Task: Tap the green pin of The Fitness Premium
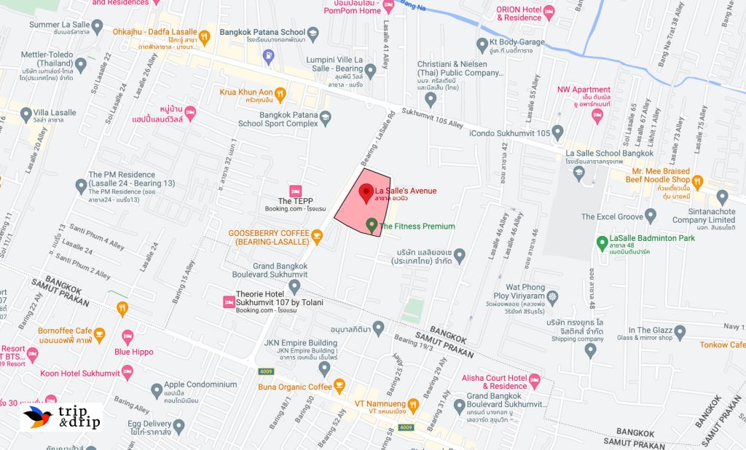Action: pos(372,225)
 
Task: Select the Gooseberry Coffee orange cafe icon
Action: pos(316,237)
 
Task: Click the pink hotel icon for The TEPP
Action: pos(295,190)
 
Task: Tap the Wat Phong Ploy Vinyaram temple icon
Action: pos(553,296)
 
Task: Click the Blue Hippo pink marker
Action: pos(128,336)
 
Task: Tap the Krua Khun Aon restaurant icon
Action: pos(280,92)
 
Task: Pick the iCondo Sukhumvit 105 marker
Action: pos(558,133)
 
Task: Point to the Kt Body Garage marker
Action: pos(482,43)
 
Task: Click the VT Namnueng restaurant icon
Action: pos(413,403)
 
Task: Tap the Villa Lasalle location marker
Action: pos(26,114)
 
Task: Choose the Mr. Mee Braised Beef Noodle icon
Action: pos(697,180)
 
